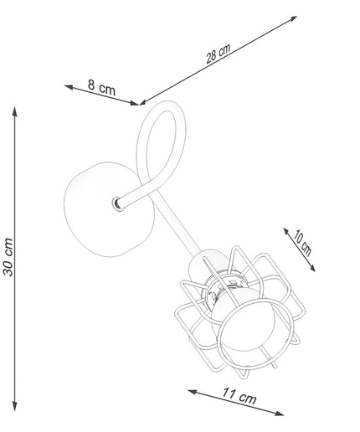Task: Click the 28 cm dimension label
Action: (x=219, y=53)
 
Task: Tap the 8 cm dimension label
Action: (x=101, y=87)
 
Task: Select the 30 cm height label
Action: (x=8, y=257)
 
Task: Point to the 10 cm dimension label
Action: (x=301, y=243)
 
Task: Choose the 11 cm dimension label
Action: (x=239, y=396)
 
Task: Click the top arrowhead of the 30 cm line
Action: (x=15, y=111)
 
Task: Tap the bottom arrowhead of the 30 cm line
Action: (x=15, y=406)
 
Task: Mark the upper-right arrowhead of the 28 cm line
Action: (x=292, y=18)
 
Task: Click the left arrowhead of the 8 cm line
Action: (x=69, y=87)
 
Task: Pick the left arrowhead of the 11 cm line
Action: (x=193, y=392)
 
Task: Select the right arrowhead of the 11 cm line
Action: (x=280, y=413)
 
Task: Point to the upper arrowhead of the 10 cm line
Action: (x=286, y=230)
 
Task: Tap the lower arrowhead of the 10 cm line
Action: (x=312, y=269)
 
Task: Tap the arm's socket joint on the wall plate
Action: (x=119, y=203)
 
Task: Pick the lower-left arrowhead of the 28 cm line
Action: (x=143, y=102)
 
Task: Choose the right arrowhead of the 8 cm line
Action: (x=135, y=103)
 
